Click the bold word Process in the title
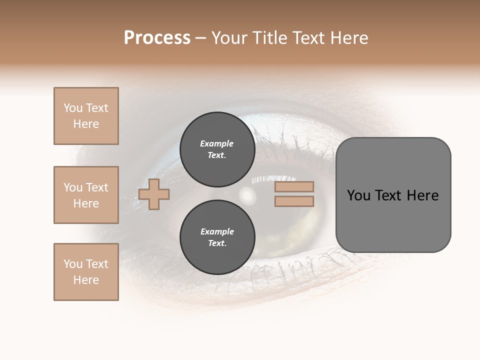[x=157, y=38]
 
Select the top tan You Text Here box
[x=86, y=116]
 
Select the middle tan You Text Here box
[x=86, y=195]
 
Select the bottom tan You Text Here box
[x=86, y=272]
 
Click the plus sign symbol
[x=154, y=194]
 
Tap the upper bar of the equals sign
[x=294, y=187]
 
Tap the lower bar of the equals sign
[x=294, y=201]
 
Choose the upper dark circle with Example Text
[x=217, y=149]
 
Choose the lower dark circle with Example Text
[x=217, y=237]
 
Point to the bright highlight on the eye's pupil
[x=246, y=194]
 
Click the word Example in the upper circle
[x=217, y=143]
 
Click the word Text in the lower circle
[x=216, y=243]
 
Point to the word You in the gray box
[x=358, y=195]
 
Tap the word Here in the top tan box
[x=86, y=124]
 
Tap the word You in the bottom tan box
[x=73, y=264]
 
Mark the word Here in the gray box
[x=422, y=195]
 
